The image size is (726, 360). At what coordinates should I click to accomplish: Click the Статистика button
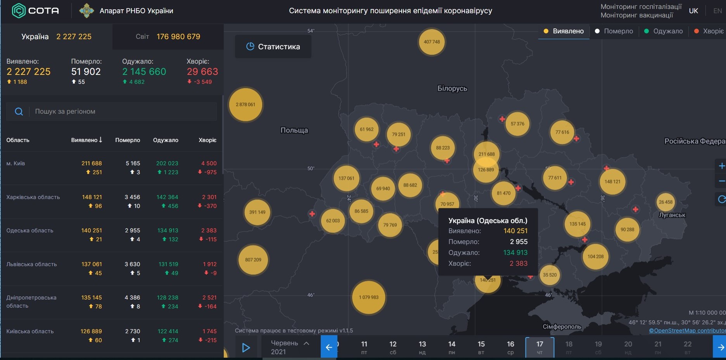pyautogui.click(x=273, y=47)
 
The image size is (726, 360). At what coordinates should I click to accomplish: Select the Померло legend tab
pyautogui.click(x=614, y=31)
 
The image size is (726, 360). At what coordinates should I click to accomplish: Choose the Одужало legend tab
pyautogui.click(x=663, y=31)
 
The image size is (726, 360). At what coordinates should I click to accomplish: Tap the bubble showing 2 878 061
pyautogui.click(x=246, y=104)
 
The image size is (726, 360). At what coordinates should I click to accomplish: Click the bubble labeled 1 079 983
pyautogui.click(x=368, y=297)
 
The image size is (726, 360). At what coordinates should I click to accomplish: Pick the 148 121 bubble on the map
pyautogui.click(x=612, y=182)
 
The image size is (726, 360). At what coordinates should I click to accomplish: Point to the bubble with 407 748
pyautogui.click(x=432, y=42)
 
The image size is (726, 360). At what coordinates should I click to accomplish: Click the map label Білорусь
pyautogui.click(x=452, y=88)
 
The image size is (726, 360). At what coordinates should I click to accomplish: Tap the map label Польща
pyautogui.click(x=294, y=130)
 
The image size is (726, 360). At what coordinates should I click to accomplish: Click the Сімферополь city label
pyautogui.click(x=562, y=327)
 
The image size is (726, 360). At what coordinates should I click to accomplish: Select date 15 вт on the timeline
pyautogui.click(x=481, y=347)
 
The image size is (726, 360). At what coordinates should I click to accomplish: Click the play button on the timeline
pyautogui.click(x=246, y=348)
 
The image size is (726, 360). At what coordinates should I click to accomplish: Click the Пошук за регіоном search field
pyautogui.click(x=112, y=111)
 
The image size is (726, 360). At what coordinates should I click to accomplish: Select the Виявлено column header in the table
pyautogui.click(x=86, y=140)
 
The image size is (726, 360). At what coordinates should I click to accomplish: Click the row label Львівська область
pyautogui.click(x=31, y=264)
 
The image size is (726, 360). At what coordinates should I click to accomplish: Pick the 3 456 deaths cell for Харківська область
pyautogui.click(x=132, y=197)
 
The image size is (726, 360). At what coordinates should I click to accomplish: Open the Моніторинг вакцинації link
pyautogui.click(x=637, y=15)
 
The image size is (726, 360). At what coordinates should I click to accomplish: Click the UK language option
pyautogui.click(x=693, y=11)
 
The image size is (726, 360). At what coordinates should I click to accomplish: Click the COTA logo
pyautogui.click(x=36, y=10)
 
